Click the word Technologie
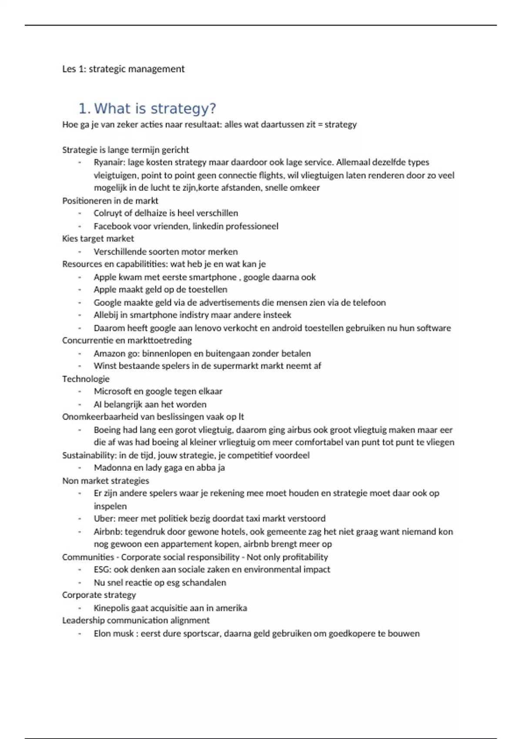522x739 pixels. [x=86, y=379]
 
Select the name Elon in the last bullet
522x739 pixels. [x=102, y=634]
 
